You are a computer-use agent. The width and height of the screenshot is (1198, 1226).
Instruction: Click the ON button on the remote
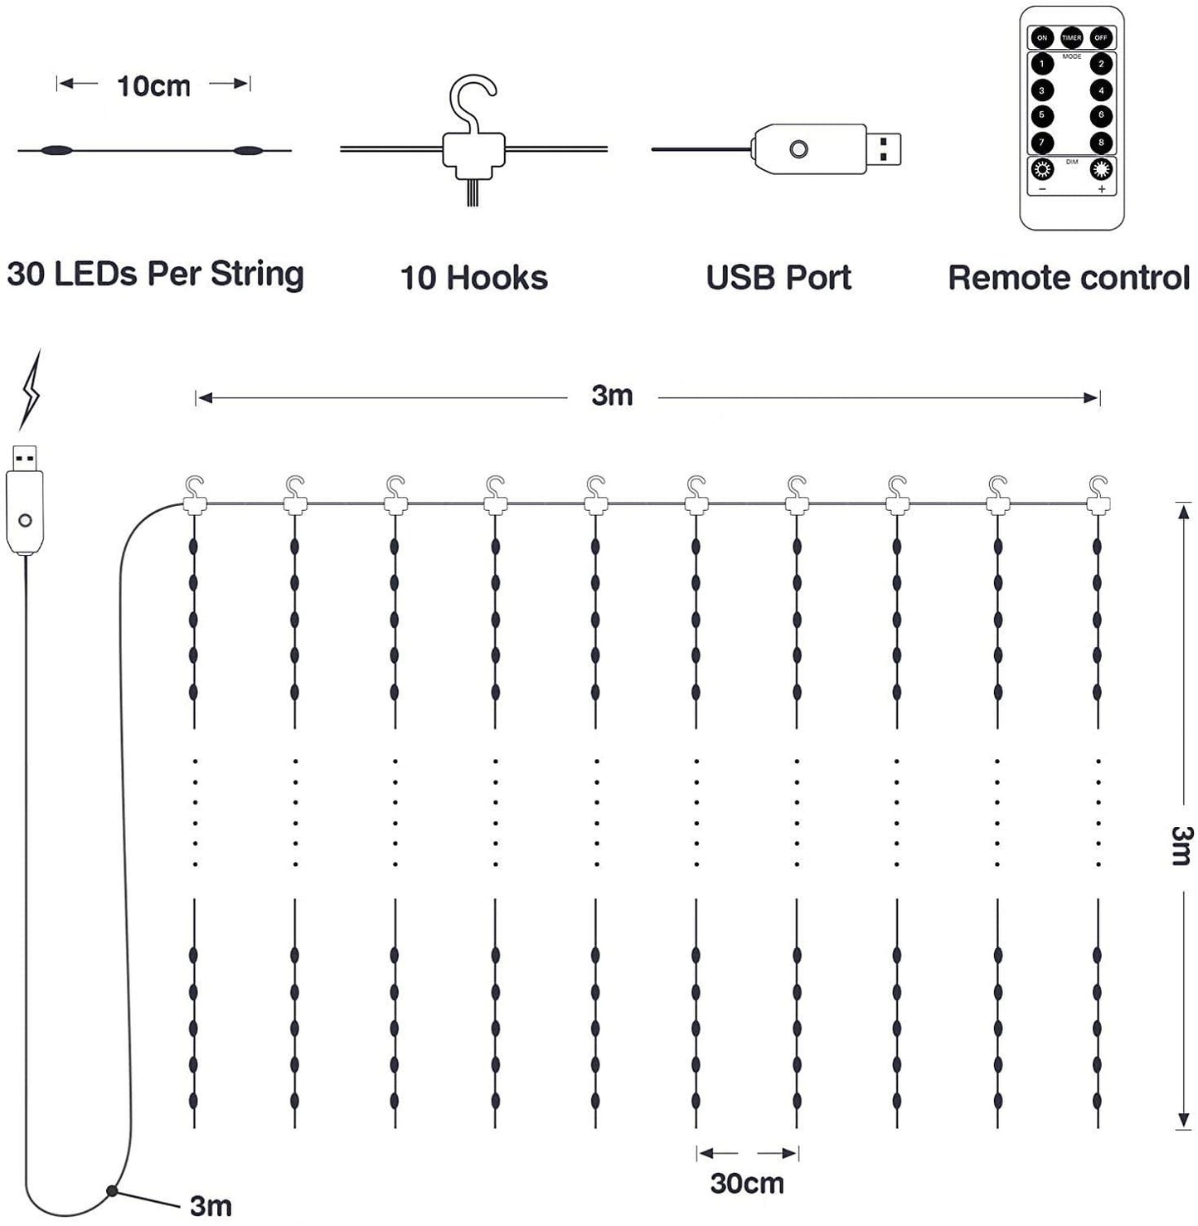tap(1041, 37)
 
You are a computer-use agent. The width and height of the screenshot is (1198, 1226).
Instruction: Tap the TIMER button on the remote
tap(1071, 37)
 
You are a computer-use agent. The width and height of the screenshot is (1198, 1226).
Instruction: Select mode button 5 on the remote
tap(1041, 115)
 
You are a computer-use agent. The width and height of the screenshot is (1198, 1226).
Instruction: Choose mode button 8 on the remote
tap(1101, 142)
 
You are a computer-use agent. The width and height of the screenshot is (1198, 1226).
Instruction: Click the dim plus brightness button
tap(1101, 171)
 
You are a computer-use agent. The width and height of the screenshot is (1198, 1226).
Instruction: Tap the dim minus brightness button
tap(1041, 171)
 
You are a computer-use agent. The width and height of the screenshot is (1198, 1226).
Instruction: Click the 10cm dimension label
tap(153, 85)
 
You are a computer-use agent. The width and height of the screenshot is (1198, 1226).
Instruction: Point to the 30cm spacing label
tap(747, 1183)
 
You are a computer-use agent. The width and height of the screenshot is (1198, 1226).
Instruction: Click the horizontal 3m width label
tap(612, 396)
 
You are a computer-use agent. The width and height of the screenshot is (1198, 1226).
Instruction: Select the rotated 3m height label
tap(1181, 845)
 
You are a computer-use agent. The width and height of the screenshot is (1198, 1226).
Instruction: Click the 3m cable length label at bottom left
tap(211, 1205)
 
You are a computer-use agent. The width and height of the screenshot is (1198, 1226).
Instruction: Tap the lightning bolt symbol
tap(30, 390)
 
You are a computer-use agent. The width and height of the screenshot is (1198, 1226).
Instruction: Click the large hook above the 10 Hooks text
tap(473, 104)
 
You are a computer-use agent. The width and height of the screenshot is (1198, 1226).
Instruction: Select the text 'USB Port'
tap(778, 278)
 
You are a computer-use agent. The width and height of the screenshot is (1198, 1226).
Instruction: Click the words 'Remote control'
tap(1068, 278)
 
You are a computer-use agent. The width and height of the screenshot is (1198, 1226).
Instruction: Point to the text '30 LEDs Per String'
tap(155, 274)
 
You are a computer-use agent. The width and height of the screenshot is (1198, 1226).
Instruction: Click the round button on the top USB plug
tap(798, 149)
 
